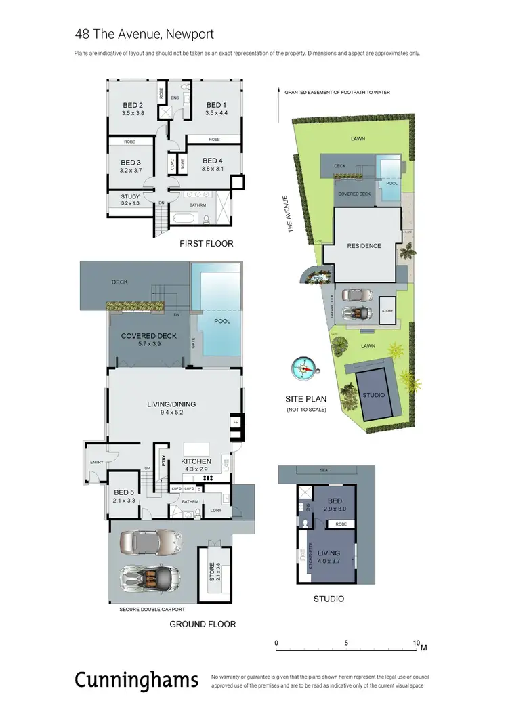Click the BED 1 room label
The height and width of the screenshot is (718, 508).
[215, 105]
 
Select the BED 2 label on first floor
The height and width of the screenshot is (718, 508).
[132, 105]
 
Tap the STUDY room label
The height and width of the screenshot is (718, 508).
[130, 197]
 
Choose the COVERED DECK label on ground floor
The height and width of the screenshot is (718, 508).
[148, 336]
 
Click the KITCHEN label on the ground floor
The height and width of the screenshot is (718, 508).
[196, 461]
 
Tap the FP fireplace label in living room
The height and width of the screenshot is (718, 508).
[236, 421]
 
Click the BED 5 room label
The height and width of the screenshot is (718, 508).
[124, 492]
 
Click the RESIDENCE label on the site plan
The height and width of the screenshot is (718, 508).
[364, 246]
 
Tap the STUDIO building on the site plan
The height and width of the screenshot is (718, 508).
[373, 394]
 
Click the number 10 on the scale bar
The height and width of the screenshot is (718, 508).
[416, 643]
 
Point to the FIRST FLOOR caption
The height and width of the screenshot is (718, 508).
[206, 243]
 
